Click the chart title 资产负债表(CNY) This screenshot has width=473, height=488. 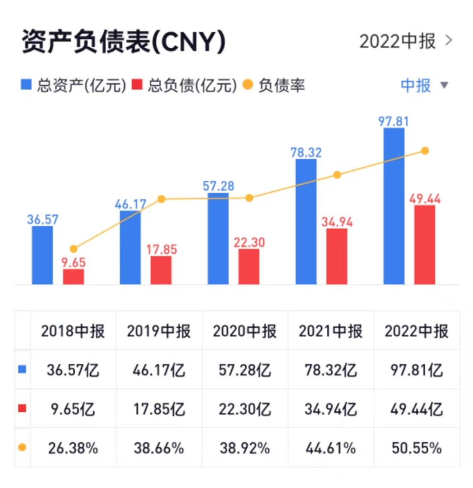point(123,42)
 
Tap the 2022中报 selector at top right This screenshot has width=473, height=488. point(405,41)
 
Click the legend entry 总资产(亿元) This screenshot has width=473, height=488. point(74,85)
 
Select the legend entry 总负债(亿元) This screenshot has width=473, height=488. point(184,85)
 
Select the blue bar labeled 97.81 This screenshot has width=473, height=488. point(394,206)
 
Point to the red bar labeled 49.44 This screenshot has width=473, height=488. point(425,245)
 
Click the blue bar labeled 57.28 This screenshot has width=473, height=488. point(218,239)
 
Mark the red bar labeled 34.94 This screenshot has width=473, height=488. point(337,256)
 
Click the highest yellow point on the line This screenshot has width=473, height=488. point(425,150)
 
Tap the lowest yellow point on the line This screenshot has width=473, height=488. point(74,249)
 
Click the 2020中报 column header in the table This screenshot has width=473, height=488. point(245,331)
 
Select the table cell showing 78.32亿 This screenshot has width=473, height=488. point(331,370)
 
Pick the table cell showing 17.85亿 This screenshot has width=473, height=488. point(159,409)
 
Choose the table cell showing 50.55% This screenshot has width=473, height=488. point(416,448)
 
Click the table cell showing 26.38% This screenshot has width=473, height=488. point(73,448)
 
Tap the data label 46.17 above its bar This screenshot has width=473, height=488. point(130,204)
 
